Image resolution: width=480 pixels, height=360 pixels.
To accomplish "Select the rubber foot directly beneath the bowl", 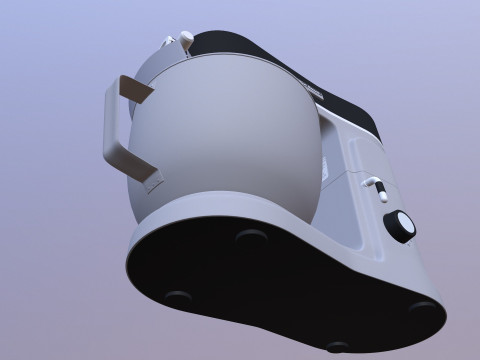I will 250,236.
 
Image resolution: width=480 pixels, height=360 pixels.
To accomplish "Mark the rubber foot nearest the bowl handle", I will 178,297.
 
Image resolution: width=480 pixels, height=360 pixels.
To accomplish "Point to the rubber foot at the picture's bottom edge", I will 337,347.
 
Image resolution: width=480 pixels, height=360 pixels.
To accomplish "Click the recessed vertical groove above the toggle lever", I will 356,150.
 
